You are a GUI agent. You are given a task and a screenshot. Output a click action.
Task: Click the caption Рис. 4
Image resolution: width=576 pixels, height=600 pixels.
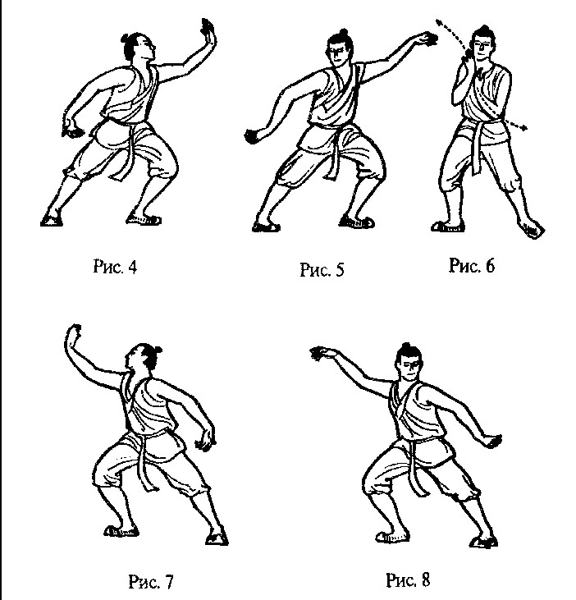pos(115,266)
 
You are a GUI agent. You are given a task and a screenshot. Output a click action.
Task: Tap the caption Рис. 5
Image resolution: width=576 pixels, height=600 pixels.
pos(322,269)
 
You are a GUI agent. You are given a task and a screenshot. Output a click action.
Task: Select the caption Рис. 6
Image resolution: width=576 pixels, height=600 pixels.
pos(472,265)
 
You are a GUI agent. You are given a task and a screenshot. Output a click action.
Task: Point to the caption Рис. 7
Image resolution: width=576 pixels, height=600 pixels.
pos(151,582)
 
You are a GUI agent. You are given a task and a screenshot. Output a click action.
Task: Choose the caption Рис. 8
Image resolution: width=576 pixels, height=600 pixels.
pos(408,579)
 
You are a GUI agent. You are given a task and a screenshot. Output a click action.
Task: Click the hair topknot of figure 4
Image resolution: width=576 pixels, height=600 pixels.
pos(126,39)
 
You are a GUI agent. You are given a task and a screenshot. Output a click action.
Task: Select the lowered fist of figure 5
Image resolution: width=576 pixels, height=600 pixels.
pos(254,136)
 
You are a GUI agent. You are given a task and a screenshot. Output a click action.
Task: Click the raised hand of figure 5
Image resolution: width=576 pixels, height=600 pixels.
pos(427,39)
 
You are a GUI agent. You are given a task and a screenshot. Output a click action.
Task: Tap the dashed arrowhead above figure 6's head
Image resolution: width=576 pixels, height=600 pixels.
pos(439,22)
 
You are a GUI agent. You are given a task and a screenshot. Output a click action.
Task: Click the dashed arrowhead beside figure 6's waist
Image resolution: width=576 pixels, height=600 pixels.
pos(523,128)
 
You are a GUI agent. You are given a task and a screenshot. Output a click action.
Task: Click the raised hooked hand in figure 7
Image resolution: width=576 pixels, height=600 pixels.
pos(72,336)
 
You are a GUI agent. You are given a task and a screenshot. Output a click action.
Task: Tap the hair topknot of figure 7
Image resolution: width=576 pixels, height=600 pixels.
pos(157,350)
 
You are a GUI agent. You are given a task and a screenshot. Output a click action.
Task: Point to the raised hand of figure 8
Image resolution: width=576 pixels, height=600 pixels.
pos(322,353)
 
